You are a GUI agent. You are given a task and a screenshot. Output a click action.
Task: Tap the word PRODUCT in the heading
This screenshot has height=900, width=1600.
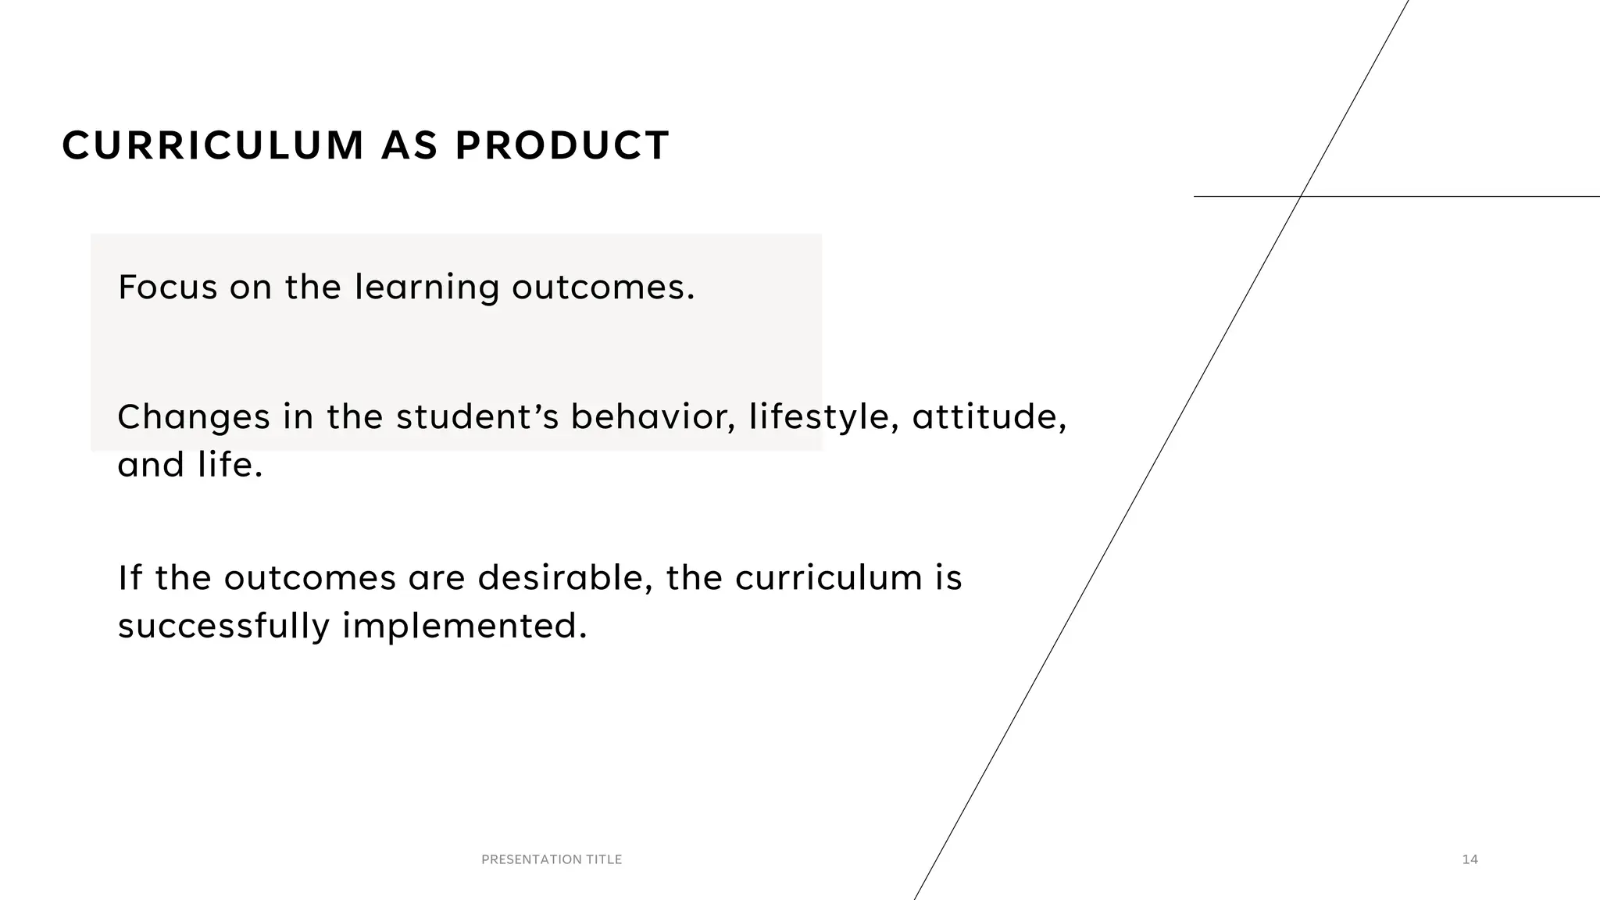coord(562,146)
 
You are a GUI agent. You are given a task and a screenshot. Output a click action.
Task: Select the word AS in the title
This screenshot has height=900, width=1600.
coord(409,146)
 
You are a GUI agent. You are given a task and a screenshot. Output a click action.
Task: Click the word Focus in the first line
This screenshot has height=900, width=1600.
coord(167,287)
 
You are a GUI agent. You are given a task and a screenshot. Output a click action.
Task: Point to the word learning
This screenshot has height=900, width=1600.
coord(427,288)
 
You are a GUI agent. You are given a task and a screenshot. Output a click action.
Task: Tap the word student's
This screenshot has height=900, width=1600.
coord(477,417)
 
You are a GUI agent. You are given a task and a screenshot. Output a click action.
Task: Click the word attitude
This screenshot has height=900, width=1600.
coord(988,417)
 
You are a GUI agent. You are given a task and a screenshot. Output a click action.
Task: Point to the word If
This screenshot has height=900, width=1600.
coord(130,578)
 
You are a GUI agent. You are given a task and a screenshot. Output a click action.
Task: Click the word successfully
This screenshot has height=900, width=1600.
coord(223,627)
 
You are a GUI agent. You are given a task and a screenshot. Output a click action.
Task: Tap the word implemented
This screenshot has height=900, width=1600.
coord(464,627)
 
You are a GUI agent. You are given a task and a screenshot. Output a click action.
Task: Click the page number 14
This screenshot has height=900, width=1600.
coord(1470,859)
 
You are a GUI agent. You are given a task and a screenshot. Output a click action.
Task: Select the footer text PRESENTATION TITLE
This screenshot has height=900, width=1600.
coord(552,859)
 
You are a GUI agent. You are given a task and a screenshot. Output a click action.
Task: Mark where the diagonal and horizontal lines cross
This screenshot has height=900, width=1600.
coord(1300,196)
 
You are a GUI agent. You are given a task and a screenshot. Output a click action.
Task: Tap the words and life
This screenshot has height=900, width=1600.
coord(190,466)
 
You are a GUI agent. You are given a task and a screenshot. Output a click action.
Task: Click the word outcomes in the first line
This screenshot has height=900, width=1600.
coord(602,288)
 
